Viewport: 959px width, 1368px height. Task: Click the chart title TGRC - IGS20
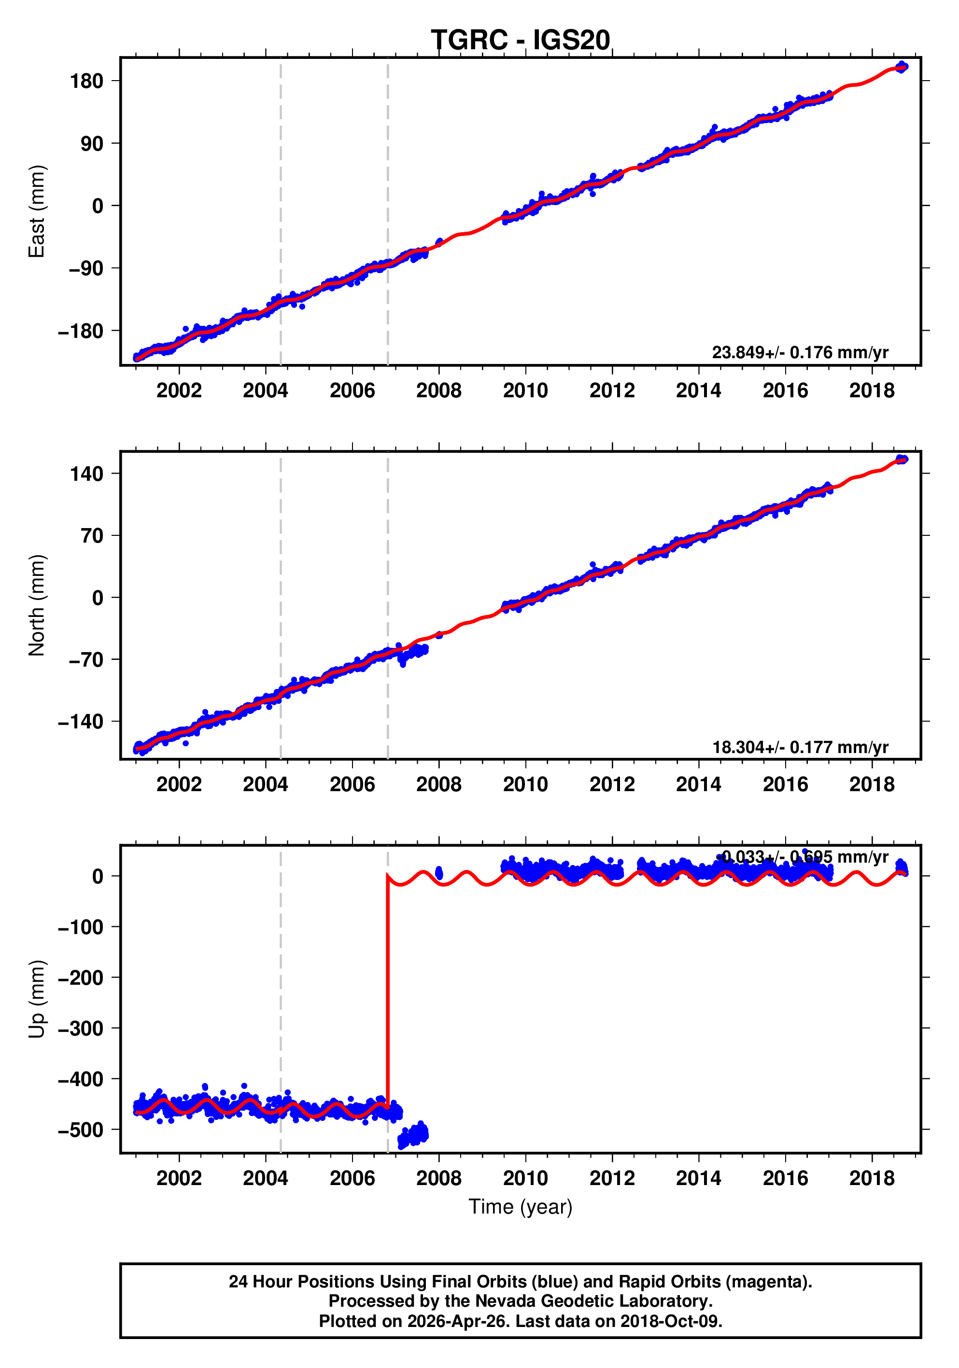click(x=521, y=40)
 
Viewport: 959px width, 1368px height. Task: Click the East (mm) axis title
click(x=37, y=211)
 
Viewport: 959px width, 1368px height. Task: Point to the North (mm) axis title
click(x=37, y=605)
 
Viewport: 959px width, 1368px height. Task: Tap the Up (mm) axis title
click(x=37, y=999)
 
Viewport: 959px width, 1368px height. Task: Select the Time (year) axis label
click(x=521, y=1206)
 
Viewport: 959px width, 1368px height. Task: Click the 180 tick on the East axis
click(x=86, y=81)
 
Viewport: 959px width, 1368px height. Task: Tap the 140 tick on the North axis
click(x=86, y=475)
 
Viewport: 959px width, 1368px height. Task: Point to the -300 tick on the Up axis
click(x=81, y=1028)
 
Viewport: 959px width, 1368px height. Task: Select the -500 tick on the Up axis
click(x=81, y=1130)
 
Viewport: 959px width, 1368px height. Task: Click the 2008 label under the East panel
click(x=438, y=391)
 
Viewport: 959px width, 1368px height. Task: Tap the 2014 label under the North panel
click(x=699, y=785)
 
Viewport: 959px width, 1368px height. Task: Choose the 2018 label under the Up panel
click(x=872, y=1178)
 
